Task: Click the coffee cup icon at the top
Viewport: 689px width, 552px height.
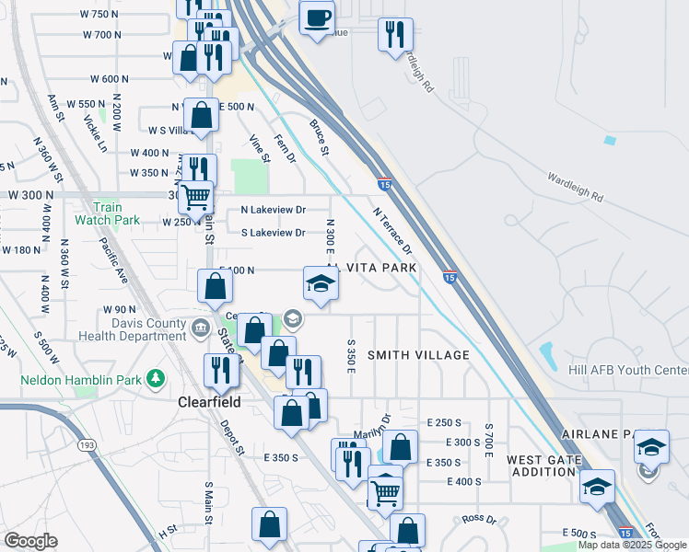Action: (317, 18)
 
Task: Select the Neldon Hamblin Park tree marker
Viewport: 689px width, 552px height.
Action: (158, 377)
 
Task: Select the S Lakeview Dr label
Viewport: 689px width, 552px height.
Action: (273, 233)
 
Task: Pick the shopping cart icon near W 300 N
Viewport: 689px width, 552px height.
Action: (195, 196)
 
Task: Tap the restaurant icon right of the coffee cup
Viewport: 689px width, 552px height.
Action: (394, 35)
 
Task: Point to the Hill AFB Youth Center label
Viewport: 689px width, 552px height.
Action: (636, 371)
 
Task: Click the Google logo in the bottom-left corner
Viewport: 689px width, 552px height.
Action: (31, 540)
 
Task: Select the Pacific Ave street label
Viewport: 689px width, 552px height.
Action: (114, 260)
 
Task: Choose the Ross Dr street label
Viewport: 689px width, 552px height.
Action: (479, 519)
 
